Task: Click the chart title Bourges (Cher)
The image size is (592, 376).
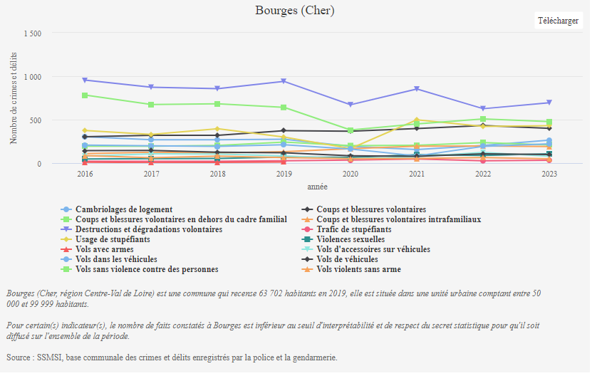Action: [x=295, y=11]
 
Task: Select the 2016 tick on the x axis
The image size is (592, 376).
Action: [x=85, y=173]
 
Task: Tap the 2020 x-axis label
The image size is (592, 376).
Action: [x=350, y=173]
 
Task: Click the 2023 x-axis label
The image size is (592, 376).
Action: [x=549, y=173]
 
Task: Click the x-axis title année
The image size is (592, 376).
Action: [x=317, y=187]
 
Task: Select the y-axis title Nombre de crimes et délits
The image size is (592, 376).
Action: [x=14, y=98]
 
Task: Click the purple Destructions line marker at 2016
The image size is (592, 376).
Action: [x=85, y=80]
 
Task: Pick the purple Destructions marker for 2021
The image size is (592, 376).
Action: [x=417, y=89]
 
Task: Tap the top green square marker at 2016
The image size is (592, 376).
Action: [x=85, y=95]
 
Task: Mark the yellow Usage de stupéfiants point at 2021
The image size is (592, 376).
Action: [x=417, y=120]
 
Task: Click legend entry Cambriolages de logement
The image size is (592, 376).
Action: [x=124, y=209]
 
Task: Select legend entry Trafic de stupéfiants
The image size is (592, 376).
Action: [x=354, y=229]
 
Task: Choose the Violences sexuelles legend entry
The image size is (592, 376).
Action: [x=350, y=239]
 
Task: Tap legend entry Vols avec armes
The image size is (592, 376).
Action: [x=104, y=249]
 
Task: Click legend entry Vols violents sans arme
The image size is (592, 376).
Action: [x=358, y=269]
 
